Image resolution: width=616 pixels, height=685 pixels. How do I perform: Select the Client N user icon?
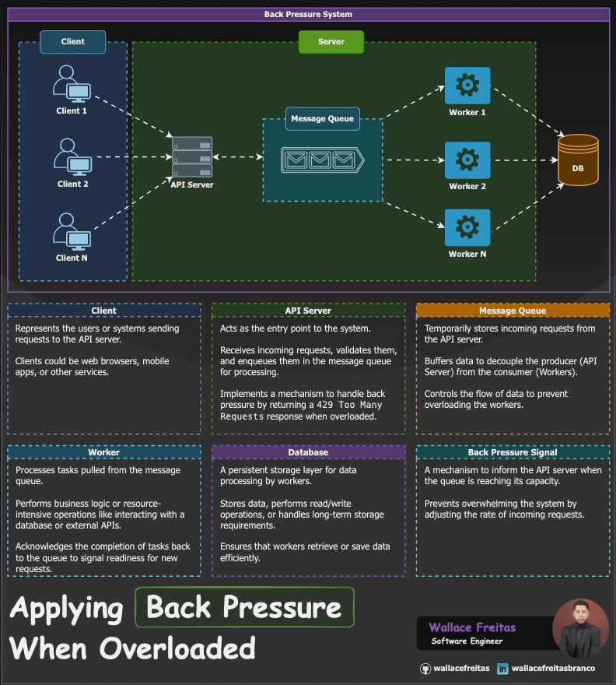[x=72, y=232]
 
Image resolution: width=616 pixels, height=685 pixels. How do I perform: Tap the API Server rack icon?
[x=192, y=158]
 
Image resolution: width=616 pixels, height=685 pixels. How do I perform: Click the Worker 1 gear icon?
[x=467, y=86]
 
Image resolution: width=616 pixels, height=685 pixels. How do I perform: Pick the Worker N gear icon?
[x=467, y=227]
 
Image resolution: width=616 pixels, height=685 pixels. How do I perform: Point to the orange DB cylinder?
[x=579, y=160]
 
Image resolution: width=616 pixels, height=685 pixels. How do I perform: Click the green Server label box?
[x=331, y=42]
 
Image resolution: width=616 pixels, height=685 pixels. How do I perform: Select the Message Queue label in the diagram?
[x=322, y=119]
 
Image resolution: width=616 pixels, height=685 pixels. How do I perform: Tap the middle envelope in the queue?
[x=320, y=161]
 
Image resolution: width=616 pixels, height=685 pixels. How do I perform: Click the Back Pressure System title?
[x=308, y=15]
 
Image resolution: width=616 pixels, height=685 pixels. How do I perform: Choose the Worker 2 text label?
[x=467, y=187]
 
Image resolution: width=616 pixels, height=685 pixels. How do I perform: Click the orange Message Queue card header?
[x=513, y=311]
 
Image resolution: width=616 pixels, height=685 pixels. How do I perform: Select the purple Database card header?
[x=308, y=452]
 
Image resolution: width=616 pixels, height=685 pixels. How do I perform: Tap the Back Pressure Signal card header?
[x=513, y=452]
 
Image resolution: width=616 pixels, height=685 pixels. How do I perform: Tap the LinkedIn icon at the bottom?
[x=502, y=669]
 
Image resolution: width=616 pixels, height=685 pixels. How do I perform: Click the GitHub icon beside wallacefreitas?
[x=425, y=669]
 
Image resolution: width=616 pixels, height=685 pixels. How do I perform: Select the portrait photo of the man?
[x=579, y=627]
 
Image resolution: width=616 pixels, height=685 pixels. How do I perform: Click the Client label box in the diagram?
[x=73, y=42]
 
